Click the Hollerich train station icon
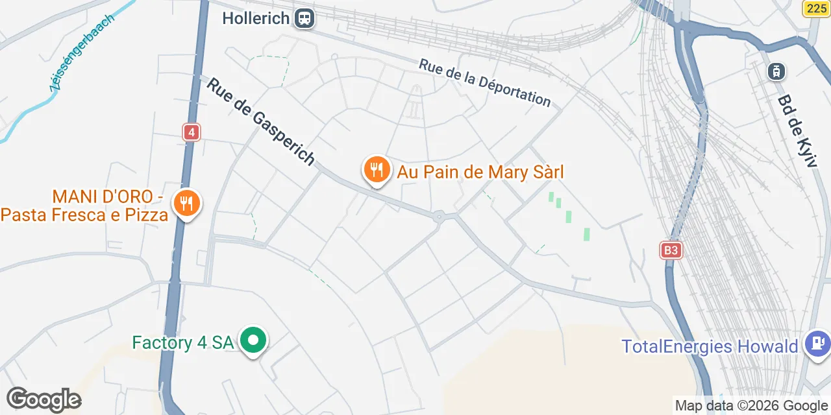click(304, 18)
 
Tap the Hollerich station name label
click(256, 18)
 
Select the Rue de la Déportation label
click(484, 82)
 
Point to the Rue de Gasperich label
click(261, 121)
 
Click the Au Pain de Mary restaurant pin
click(376, 171)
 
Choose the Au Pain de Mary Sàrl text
click(480, 172)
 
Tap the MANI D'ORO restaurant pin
click(187, 204)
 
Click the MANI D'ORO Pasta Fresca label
click(84, 206)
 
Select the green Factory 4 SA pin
click(253, 340)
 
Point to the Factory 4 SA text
click(182, 342)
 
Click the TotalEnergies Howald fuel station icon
click(816, 343)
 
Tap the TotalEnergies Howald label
click(710, 346)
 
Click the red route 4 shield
click(191, 132)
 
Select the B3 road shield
click(671, 250)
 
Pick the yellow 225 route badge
click(817, 8)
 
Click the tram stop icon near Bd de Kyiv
click(775, 71)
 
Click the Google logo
click(43, 399)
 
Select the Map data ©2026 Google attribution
click(751, 406)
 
